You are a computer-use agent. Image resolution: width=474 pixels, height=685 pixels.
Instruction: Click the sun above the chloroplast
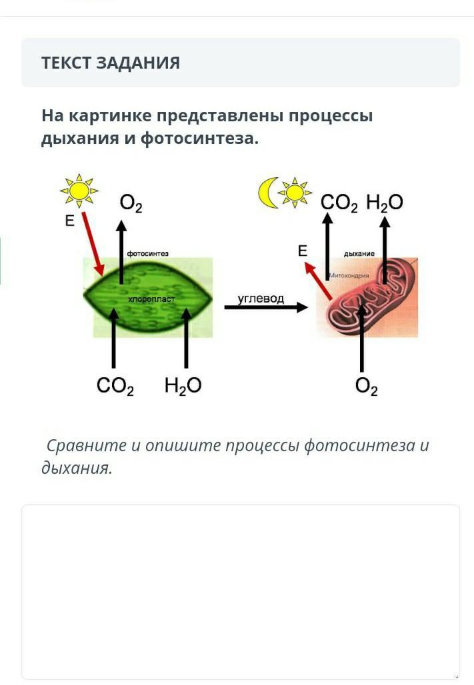coord(79,191)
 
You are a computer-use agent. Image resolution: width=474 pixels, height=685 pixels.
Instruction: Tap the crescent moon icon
coord(267,193)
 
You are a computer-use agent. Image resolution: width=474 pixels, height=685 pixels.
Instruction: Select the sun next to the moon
coord(295,192)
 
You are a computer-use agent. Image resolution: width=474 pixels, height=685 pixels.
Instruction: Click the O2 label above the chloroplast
coord(131,204)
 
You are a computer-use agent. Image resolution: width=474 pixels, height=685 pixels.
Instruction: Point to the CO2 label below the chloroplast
coord(115,386)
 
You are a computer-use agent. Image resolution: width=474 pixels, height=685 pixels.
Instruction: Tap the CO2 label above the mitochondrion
coord(339,203)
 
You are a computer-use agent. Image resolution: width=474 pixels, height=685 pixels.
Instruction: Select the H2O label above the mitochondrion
coord(385,203)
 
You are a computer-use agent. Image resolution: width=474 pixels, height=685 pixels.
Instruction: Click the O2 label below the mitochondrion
coord(367,386)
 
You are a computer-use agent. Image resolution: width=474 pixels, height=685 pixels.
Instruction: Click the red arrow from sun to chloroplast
coord(93,244)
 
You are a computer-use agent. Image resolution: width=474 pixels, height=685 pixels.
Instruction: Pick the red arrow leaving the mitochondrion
coord(318,281)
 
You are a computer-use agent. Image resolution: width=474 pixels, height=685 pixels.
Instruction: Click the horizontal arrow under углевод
coord(266,307)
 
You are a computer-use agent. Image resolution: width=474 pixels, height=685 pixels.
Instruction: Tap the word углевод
coord(261,299)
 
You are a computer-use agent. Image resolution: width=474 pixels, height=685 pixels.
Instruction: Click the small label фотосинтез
coord(148,253)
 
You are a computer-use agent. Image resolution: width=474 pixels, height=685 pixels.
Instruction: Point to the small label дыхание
coord(359,253)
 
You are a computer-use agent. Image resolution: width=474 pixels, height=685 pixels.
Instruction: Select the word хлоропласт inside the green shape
coord(151,299)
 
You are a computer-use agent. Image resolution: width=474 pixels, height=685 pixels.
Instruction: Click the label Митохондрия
coord(349,276)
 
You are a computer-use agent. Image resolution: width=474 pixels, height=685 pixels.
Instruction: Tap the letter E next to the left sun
coord(69,221)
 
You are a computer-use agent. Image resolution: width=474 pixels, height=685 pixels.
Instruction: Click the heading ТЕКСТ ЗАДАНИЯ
coord(111,63)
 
